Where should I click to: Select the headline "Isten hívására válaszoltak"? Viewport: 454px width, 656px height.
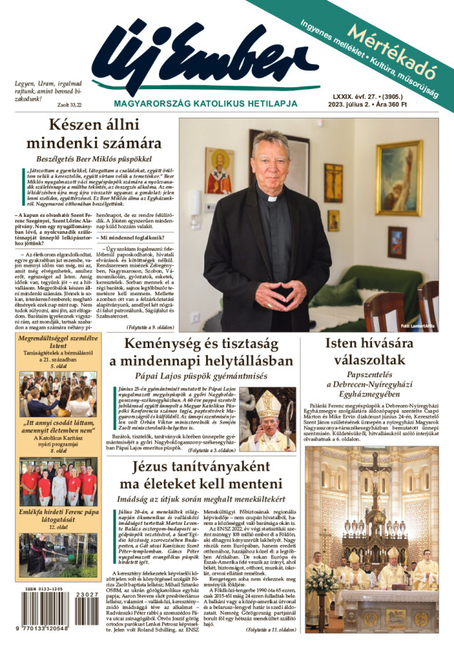point(376,352)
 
